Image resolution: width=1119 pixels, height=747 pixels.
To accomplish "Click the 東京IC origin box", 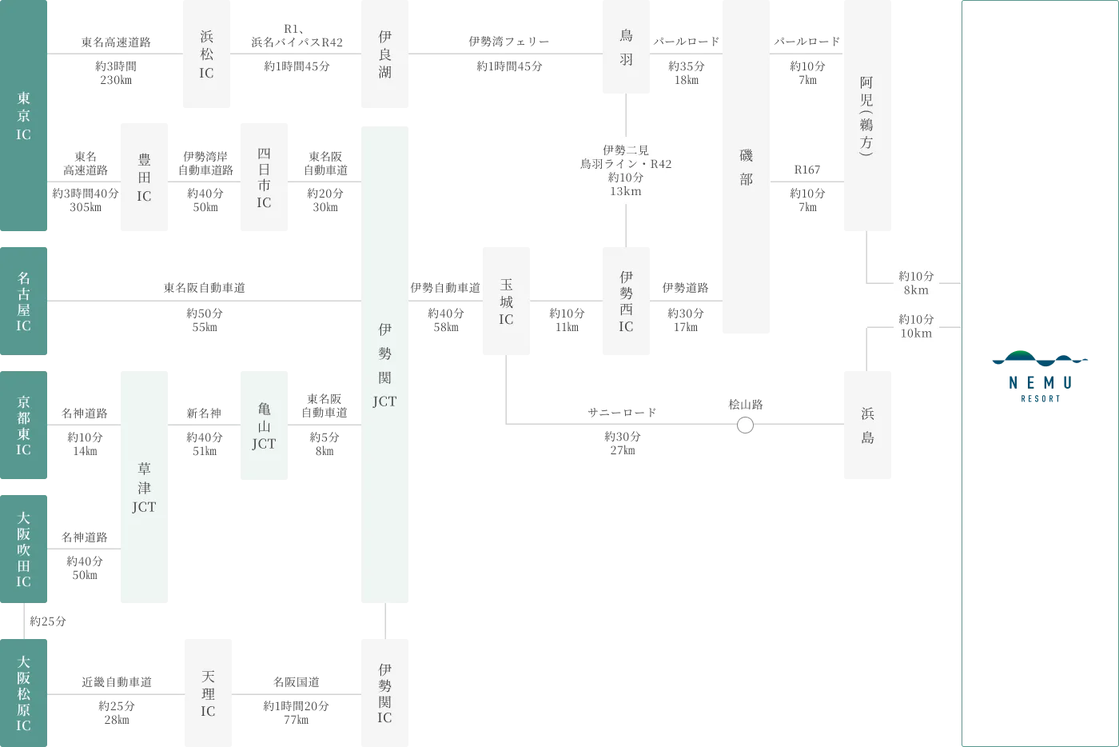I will coord(25,118).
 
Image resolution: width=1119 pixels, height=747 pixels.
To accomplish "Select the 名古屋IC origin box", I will coord(25,301).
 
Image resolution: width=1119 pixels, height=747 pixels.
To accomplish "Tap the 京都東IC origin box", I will coord(25,425).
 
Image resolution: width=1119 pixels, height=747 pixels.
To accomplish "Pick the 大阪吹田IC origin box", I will coord(25,549).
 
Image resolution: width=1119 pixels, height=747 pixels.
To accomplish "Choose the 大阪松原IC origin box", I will coord(25,692).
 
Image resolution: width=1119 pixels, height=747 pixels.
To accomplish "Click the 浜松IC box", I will coord(205,54).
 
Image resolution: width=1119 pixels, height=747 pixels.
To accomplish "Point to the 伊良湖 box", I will coord(384,54).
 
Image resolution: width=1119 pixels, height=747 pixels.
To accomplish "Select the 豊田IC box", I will coord(144,178).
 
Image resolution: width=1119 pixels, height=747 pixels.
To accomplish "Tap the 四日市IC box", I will coord(262,178).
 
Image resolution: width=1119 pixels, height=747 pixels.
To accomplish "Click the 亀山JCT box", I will coord(262,425).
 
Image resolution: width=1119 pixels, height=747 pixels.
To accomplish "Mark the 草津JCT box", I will coord(144,489).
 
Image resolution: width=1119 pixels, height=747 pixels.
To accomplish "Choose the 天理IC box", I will coord(208,692).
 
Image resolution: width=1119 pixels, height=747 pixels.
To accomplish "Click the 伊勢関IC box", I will coord(384,692).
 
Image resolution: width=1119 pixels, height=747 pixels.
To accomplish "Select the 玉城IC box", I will coord(505,301).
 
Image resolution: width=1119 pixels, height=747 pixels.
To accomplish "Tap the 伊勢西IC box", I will coord(626,301).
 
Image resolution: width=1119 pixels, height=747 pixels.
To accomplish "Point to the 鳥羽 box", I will coord(626,48).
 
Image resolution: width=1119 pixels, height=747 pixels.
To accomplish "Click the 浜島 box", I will coord(869,425).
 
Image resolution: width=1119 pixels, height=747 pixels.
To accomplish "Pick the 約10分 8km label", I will coord(914,283).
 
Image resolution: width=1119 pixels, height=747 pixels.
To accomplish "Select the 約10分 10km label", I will coord(914,326).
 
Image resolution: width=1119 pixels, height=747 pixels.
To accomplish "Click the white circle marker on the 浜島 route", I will coord(745,425).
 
